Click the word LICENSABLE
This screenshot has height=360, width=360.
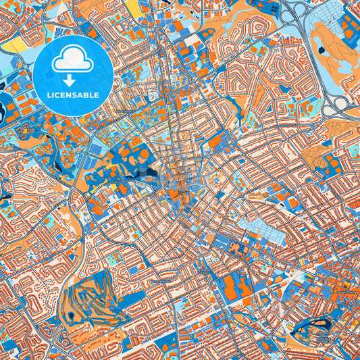pos(74,95)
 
